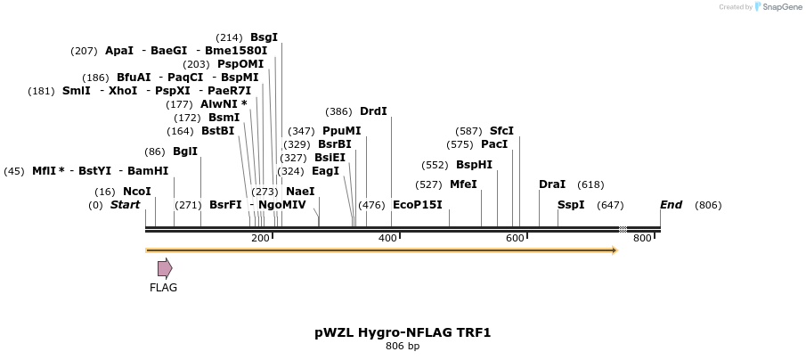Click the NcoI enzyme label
(136, 192)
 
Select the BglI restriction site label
(184, 151)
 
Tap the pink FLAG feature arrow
(165, 268)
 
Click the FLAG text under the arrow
(164, 288)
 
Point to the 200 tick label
(260, 239)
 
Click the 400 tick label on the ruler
(388, 239)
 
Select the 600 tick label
(516, 239)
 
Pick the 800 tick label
(642, 239)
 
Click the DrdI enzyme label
(373, 112)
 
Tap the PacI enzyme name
(494, 144)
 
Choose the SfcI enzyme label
(501, 131)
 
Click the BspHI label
(474, 165)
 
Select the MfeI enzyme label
(463, 184)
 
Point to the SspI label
(571, 205)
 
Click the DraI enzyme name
(552, 184)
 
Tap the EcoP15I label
(417, 205)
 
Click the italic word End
(671, 205)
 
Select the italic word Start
(125, 205)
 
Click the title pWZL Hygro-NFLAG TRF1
(403, 332)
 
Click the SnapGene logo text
(778, 7)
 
